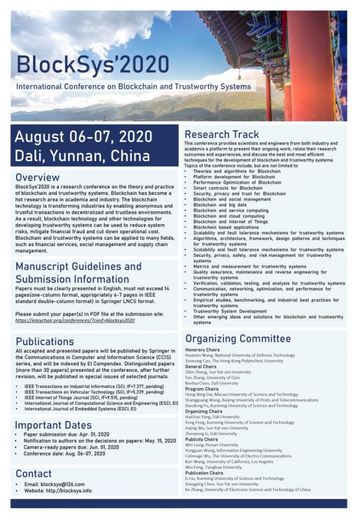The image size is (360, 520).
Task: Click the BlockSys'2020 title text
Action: (93, 64)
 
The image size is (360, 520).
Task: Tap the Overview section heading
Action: (38, 178)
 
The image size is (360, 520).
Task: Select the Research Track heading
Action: (221, 135)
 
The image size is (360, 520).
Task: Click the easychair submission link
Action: (75, 320)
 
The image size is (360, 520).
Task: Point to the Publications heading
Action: (45, 341)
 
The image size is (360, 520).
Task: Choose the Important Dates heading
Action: (53, 425)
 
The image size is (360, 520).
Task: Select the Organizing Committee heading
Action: (238, 339)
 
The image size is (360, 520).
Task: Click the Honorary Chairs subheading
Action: (202, 350)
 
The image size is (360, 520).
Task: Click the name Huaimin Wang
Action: (202, 355)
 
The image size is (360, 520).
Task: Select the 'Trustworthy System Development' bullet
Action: (230, 311)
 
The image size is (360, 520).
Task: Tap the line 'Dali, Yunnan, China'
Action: (82, 155)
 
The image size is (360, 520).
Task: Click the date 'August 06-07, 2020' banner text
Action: (84, 137)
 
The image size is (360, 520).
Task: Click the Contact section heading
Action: (34, 474)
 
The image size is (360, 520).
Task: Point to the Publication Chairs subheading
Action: (204, 473)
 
